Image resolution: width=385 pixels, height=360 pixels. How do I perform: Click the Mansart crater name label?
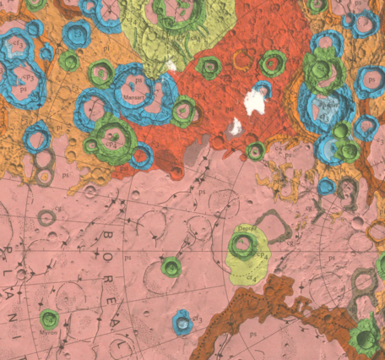135,97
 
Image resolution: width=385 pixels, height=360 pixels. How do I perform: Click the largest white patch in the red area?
253,102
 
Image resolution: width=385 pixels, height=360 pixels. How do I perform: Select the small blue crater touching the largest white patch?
263,87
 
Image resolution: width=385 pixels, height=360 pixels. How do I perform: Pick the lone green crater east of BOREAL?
171,267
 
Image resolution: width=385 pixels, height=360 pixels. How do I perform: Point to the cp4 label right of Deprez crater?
263,254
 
